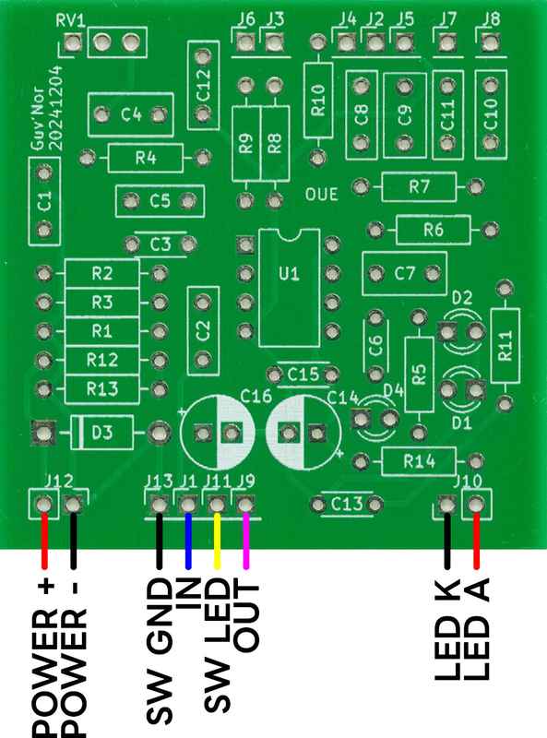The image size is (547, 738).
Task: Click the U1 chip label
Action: (289, 273)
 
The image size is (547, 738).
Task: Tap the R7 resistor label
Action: (419, 187)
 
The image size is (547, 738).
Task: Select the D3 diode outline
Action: (101, 433)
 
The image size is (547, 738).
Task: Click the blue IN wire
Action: (188, 541)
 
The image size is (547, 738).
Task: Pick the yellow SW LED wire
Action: (217, 541)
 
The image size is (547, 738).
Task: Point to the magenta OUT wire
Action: (245, 541)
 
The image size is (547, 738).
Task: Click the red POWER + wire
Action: (44, 541)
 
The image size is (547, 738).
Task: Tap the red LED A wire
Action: (476, 541)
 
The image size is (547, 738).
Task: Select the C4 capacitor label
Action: (131, 114)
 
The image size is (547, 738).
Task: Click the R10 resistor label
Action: (318, 100)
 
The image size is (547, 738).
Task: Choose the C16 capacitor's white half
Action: (235, 433)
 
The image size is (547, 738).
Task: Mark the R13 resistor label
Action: (102, 389)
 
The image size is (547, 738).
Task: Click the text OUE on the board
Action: (322, 195)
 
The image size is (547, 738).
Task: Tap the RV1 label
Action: (71, 20)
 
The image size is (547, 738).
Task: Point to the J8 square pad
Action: (490, 43)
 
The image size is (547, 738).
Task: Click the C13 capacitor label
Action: (347, 505)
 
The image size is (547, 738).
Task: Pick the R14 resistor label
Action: (419, 462)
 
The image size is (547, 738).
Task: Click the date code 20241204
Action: (56, 108)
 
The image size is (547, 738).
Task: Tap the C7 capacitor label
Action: (405, 273)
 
